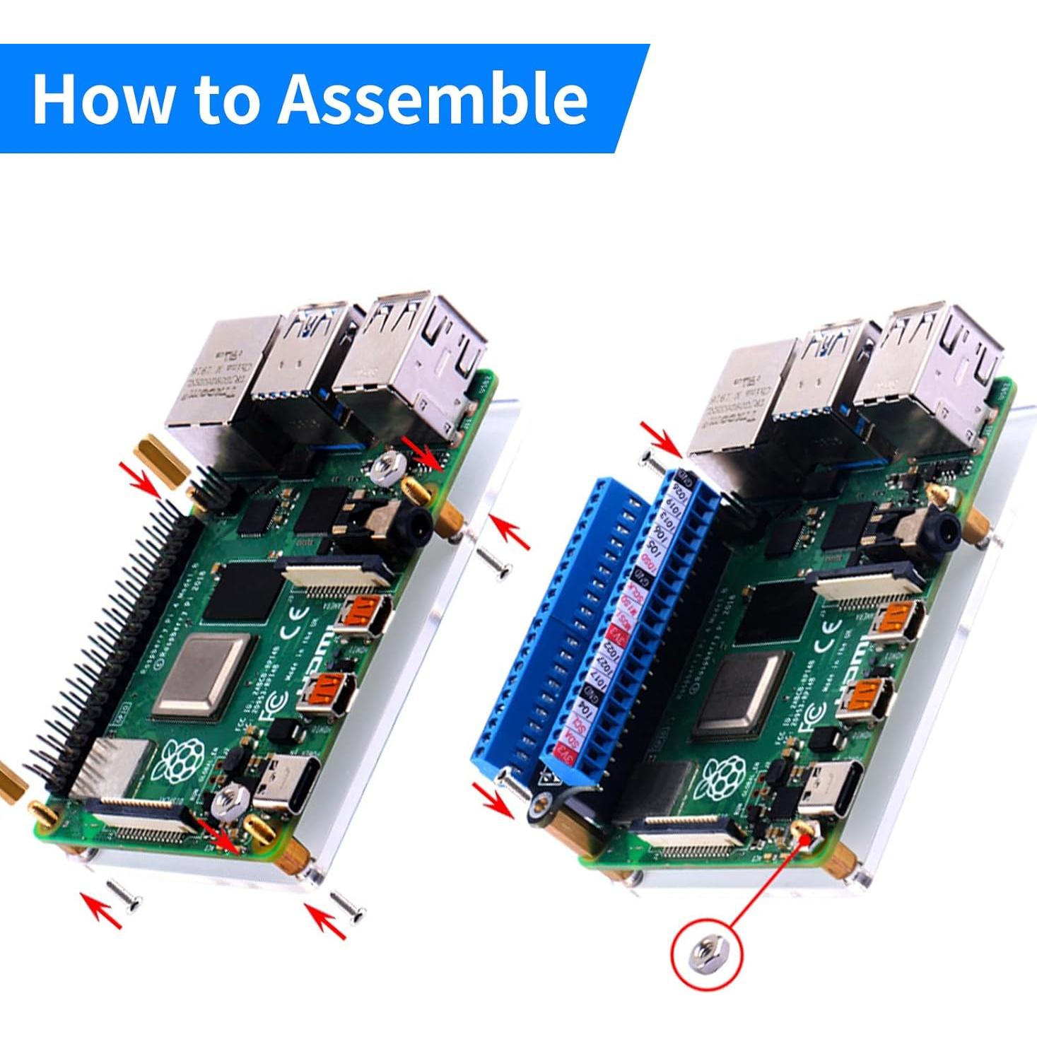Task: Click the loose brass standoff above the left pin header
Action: [163, 459]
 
